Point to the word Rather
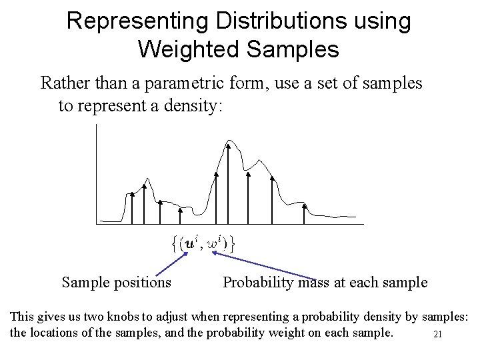point(63,83)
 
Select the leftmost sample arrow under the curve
point(133,207)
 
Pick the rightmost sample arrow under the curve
point(305,213)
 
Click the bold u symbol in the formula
point(191,243)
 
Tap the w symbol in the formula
point(213,244)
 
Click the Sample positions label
point(116,283)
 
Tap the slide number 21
point(438,335)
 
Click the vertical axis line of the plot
point(97,173)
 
